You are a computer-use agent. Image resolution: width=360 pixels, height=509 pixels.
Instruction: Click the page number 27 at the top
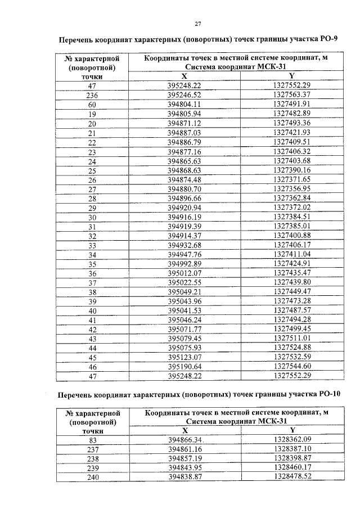197,23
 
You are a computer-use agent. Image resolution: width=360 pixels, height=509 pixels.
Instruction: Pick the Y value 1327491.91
292,104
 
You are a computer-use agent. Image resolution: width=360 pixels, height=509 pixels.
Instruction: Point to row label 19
92,114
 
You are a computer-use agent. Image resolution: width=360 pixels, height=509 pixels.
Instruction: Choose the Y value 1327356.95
292,188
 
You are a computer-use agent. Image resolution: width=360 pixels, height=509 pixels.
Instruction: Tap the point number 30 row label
92,217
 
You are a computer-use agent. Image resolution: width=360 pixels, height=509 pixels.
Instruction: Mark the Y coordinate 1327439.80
292,281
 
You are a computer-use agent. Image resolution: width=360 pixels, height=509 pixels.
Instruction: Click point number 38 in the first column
92,291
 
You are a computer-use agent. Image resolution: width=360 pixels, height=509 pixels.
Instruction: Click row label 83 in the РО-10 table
92,439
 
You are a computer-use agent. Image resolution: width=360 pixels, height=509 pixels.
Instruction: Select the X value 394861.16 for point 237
184,449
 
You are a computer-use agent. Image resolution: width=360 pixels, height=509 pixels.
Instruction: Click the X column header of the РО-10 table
184,430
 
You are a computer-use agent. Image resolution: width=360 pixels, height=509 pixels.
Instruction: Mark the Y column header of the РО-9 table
291,76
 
